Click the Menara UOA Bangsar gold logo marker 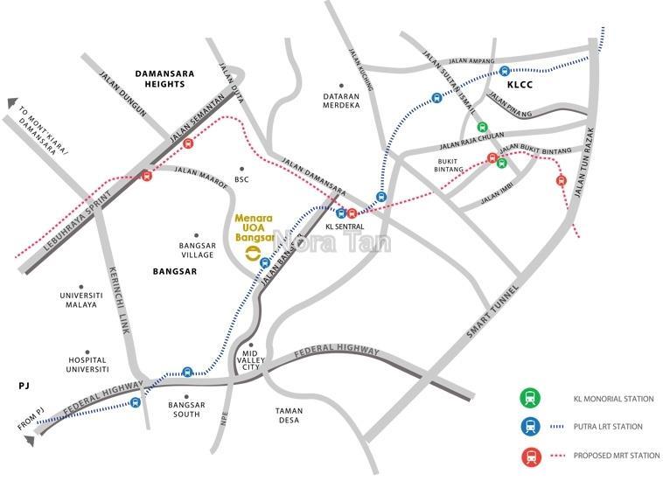tap(252, 253)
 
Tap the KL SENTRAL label tap(344, 227)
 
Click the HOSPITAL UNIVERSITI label tap(87, 365)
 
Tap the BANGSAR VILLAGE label tap(197, 250)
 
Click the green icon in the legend tap(529, 399)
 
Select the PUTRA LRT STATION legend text tap(607, 427)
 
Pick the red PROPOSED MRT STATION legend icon tap(529, 455)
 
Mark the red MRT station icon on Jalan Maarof tap(147, 176)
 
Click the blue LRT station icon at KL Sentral tap(341, 213)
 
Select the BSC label tap(242, 179)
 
